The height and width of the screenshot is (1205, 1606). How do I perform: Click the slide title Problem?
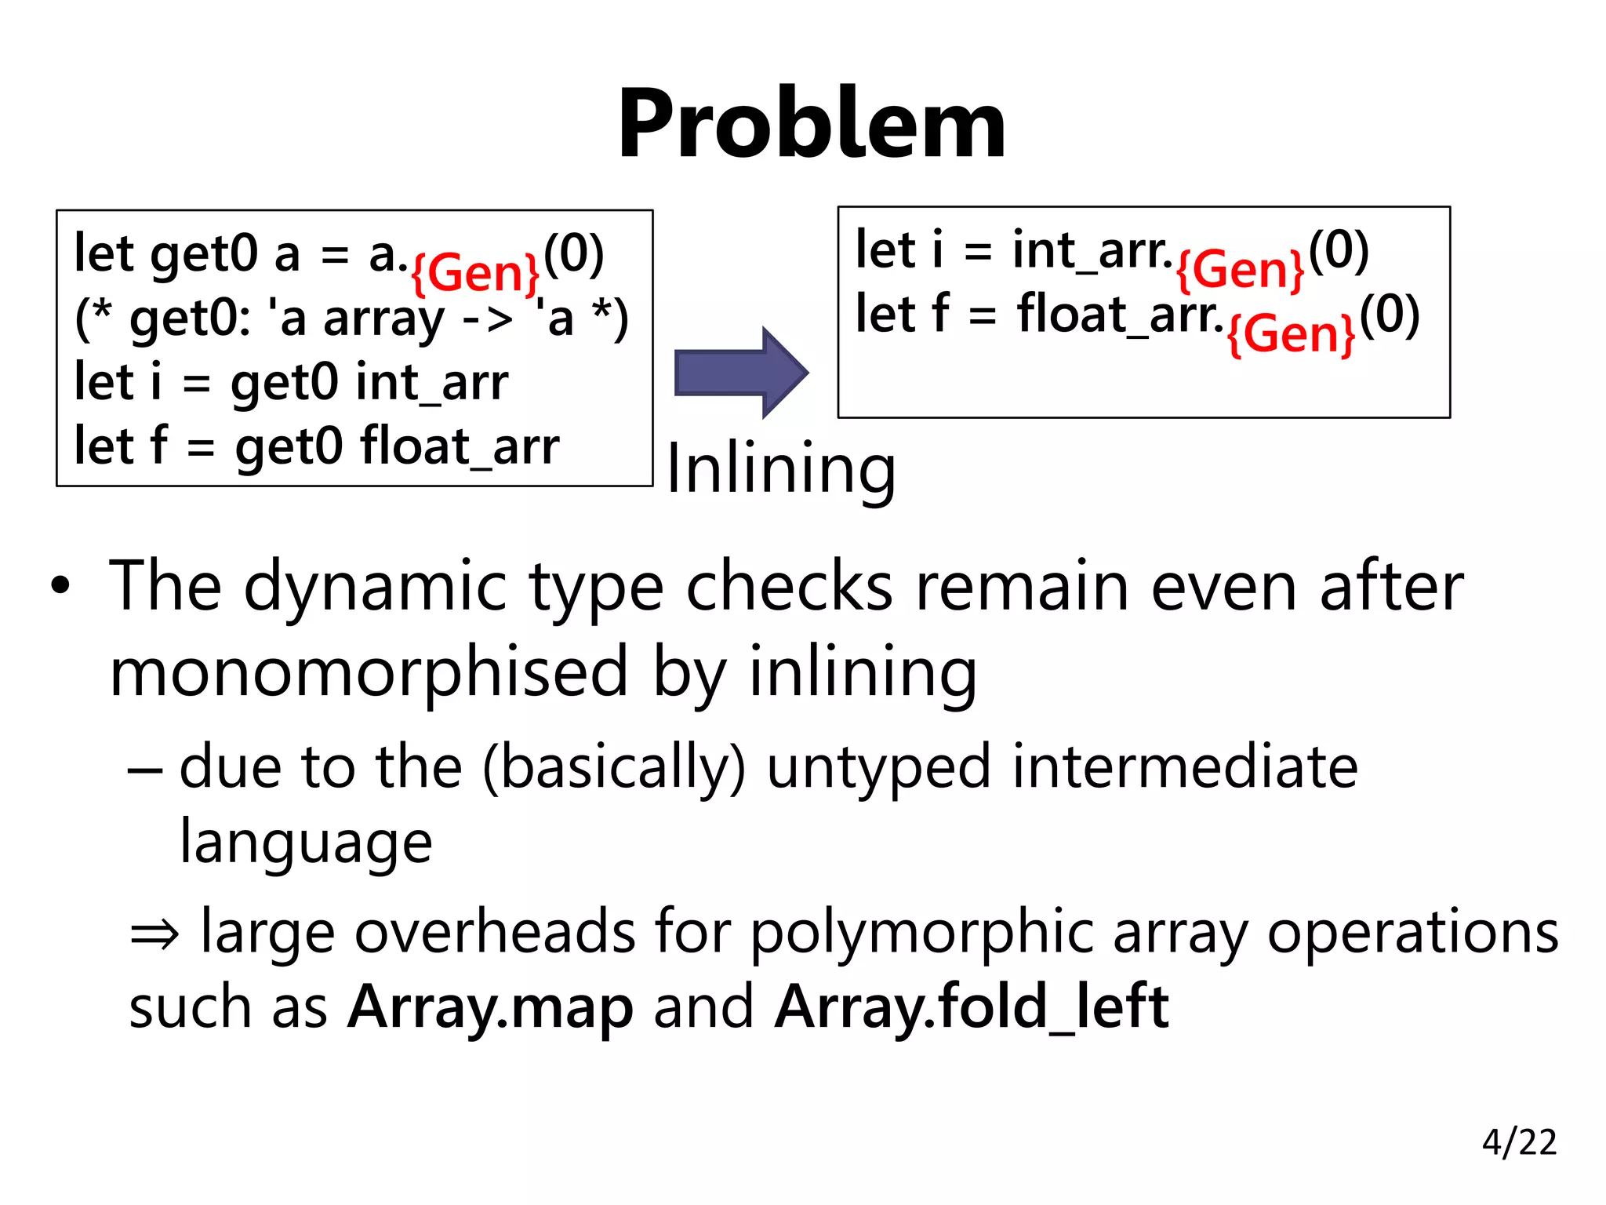tap(812, 124)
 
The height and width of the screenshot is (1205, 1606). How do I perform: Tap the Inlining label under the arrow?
tap(780, 470)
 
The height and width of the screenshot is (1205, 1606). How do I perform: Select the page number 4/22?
tap(1519, 1142)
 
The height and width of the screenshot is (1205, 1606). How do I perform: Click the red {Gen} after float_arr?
tap(1291, 334)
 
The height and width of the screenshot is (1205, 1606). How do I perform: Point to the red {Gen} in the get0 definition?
tap(475, 273)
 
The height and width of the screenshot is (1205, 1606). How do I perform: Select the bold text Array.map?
tap(490, 1007)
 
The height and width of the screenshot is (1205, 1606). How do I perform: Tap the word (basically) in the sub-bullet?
tap(613, 766)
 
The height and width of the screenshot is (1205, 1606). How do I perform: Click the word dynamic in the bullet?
tap(375, 586)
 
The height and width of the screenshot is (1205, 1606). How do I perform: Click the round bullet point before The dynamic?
tap(60, 586)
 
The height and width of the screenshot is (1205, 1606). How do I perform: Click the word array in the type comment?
tap(384, 320)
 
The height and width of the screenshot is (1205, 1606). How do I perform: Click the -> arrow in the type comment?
tap(488, 320)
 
